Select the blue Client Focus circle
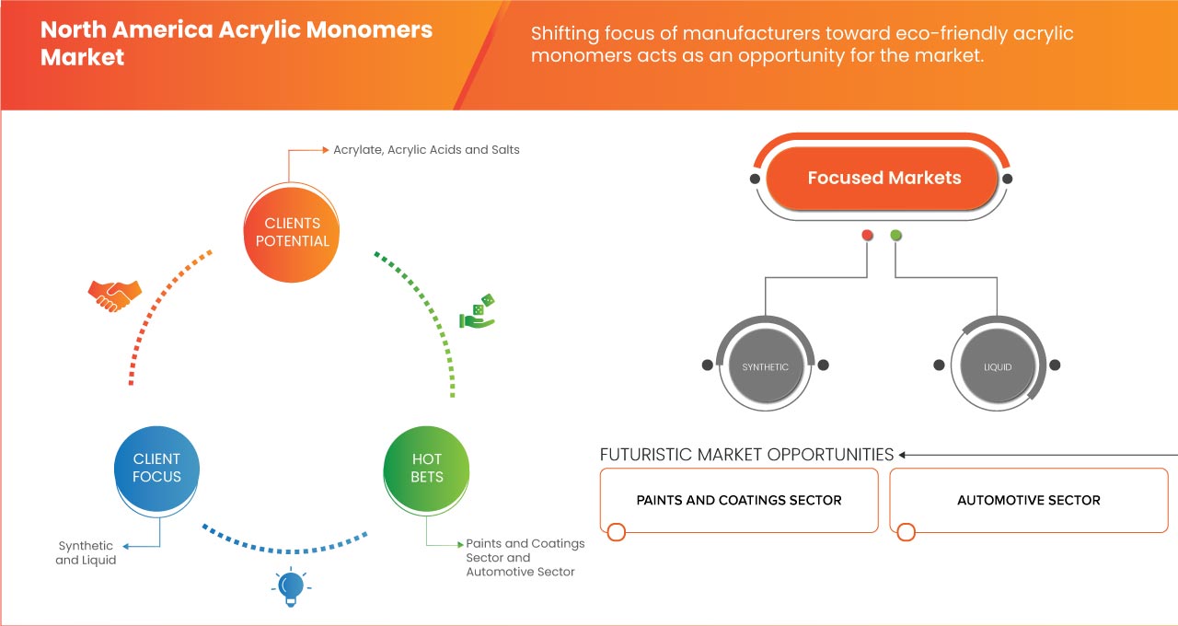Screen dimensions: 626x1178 click(x=156, y=468)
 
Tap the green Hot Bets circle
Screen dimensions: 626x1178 click(x=427, y=468)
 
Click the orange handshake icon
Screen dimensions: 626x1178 click(x=114, y=295)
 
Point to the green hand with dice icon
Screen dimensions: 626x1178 click(x=478, y=311)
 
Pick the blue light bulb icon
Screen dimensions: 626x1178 click(x=291, y=586)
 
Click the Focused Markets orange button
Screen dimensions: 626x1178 click(x=883, y=179)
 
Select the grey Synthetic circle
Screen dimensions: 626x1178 click(x=765, y=366)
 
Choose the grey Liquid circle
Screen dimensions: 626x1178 click(x=997, y=366)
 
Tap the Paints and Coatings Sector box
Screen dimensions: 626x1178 click(x=739, y=501)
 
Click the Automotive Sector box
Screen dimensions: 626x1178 click(x=1028, y=501)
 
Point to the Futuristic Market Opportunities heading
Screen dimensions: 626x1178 click(x=746, y=455)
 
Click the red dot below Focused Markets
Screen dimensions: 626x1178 click(x=867, y=236)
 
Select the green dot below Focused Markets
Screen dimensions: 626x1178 click(x=896, y=236)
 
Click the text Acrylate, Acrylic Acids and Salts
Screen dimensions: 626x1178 click(x=426, y=149)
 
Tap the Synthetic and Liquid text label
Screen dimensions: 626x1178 click(x=86, y=552)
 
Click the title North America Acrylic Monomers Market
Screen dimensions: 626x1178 click(x=236, y=43)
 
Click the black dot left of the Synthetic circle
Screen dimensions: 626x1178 click(x=707, y=365)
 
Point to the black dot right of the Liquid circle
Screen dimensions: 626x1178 click(x=1056, y=365)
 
